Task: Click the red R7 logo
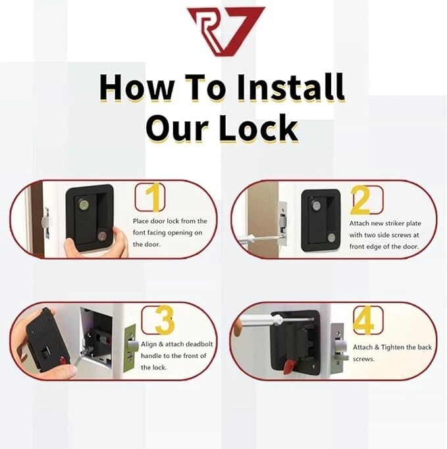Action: click(226, 31)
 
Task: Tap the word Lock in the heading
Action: click(259, 128)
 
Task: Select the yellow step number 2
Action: click(361, 200)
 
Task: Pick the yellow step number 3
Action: click(165, 319)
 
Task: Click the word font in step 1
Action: click(139, 232)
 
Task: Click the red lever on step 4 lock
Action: click(290, 367)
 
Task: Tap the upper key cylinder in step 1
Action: click(84, 204)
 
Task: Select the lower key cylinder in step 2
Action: click(332, 238)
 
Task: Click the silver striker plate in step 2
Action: click(282, 220)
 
